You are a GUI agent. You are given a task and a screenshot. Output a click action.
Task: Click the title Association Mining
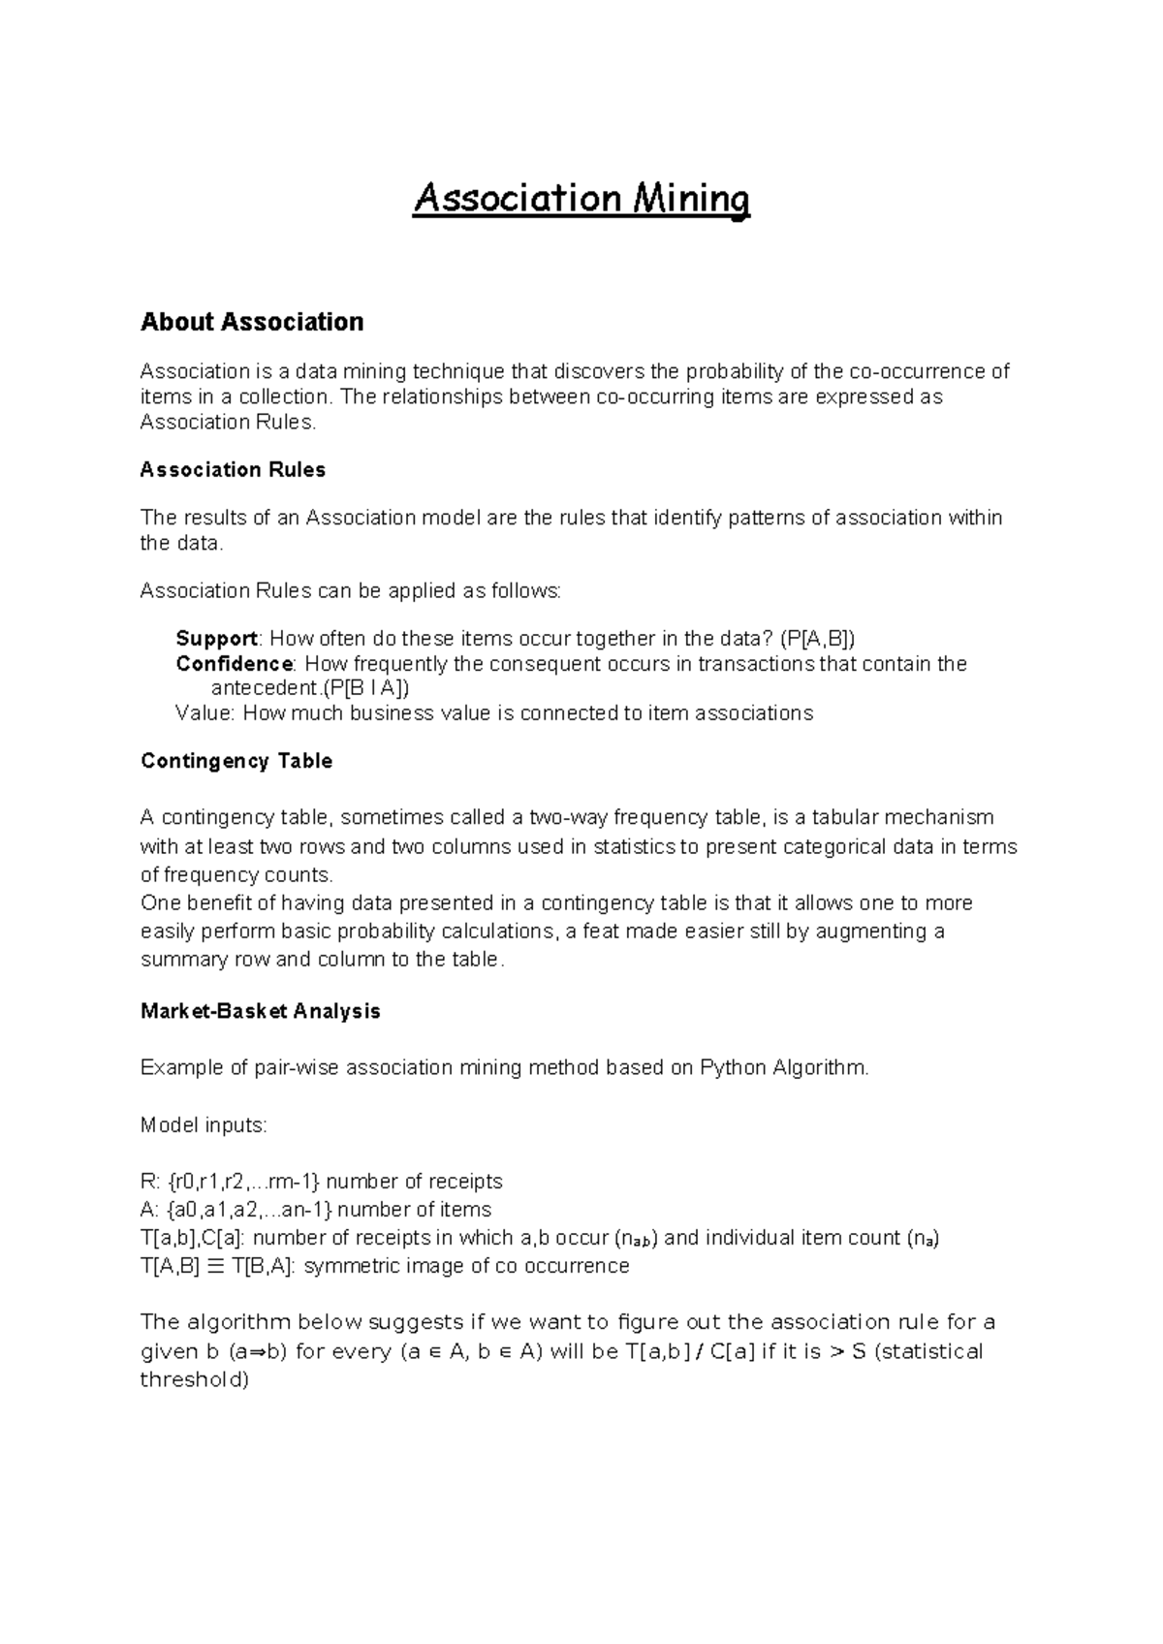581,200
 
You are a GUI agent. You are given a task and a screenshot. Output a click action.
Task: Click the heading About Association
252,322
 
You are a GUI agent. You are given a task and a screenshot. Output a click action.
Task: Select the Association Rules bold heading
233,470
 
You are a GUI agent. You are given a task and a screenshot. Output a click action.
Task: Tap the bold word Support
216,639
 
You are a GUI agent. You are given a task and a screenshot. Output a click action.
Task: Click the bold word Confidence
234,664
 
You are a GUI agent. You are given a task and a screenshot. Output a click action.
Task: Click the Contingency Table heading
236,761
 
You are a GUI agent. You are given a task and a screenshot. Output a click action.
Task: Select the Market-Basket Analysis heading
260,1011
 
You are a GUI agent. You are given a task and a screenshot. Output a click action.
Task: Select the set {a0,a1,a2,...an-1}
249,1210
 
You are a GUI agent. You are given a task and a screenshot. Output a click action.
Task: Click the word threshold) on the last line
195,1380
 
